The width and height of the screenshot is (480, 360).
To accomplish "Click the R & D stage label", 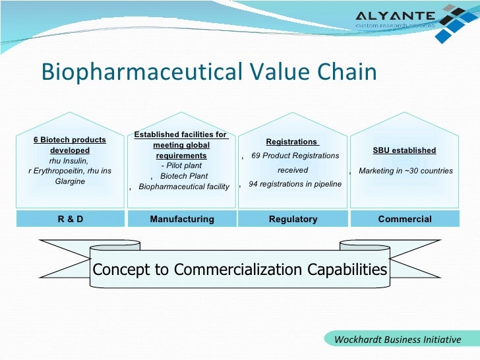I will pos(70,219).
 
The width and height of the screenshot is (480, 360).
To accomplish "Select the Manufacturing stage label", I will pos(182,219).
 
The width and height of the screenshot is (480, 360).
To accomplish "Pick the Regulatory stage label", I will pos(293,219).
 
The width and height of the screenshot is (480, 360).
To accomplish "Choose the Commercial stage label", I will pos(405,219).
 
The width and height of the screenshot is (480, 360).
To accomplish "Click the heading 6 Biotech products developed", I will pos(70,145).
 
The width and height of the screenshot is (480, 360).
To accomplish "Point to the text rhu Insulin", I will pos(69,160).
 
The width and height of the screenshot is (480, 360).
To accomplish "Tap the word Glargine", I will pos(70,181).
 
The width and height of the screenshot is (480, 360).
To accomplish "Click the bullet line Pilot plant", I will pos(181,165).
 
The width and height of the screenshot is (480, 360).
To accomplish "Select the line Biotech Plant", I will pos(184,176).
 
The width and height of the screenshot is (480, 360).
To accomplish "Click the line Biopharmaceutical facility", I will pos(184,187).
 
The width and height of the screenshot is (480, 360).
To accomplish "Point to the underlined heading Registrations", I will pos(291,142).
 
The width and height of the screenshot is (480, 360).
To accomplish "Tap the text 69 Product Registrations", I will pos(295,156).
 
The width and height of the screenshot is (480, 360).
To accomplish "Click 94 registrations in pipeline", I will pos(295,184).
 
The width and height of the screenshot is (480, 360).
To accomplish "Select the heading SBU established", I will pos(404,150).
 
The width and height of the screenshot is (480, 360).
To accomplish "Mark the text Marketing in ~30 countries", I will pos(405,171).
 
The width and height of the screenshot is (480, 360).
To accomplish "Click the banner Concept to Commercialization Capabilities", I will pos(240,270).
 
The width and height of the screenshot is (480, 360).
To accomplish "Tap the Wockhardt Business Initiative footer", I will pos(398,340).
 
